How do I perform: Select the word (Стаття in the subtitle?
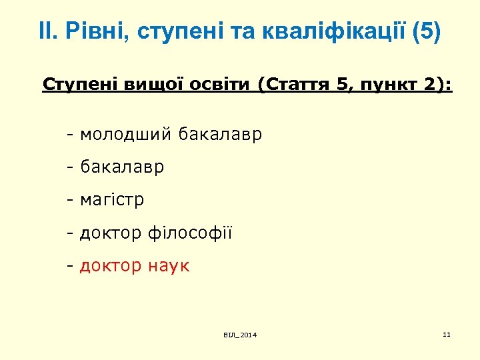[x=293, y=85]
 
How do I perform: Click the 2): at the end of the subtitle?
[x=437, y=85]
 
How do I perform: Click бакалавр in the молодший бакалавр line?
[x=221, y=135]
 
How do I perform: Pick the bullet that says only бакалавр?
[x=122, y=167]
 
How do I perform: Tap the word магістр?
[x=112, y=200]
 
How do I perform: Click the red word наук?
[x=169, y=266]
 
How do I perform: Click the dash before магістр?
[x=69, y=200]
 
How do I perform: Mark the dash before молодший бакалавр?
[x=69, y=135]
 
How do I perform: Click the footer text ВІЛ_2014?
[x=240, y=334]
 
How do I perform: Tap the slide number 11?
[x=447, y=333]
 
